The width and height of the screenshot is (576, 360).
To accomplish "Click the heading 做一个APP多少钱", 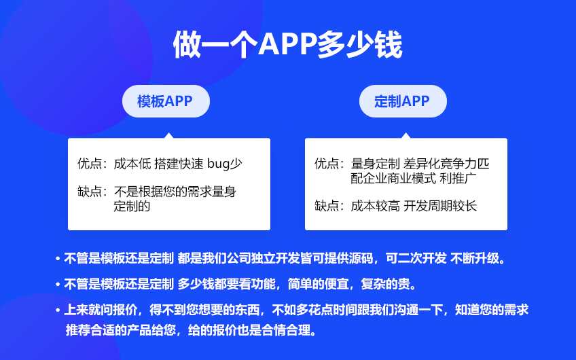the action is tap(287, 44).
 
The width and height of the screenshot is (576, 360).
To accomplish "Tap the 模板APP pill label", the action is tap(165, 101).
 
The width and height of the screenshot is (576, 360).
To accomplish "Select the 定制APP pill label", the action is tap(402, 101).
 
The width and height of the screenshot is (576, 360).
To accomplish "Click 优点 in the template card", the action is tap(89, 164).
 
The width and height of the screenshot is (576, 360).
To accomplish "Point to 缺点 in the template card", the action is tap(89, 192).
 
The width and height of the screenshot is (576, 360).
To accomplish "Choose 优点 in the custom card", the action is tap(326, 164).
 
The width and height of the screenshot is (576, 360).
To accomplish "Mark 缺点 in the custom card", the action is tap(326, 206).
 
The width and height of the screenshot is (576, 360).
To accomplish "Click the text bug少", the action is tap(224, 164).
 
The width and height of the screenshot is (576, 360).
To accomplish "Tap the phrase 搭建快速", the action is tap(179, 164).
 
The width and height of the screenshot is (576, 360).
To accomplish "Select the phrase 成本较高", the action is tap(375, 206).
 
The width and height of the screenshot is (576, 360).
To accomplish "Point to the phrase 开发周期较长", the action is tap(440, 206).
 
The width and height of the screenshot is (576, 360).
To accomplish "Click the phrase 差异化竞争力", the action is tap(440, 164).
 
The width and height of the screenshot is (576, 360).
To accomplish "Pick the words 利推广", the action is tap(458, 178).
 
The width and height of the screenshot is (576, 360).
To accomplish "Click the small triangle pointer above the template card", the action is tap(169, 136).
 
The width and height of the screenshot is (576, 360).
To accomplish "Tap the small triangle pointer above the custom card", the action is tap(406, 136).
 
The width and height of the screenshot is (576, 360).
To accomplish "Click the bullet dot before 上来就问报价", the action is tap(58, 310).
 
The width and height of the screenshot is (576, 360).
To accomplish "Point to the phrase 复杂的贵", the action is tap(385, 284).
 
